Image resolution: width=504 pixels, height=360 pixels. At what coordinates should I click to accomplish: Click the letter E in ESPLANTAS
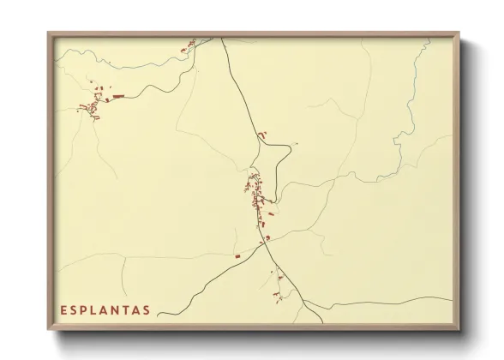tap(64, 309)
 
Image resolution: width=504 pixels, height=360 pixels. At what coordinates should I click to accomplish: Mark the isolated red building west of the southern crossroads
tap(237, 255)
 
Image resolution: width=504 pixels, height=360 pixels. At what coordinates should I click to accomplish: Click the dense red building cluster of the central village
tap(255, 193)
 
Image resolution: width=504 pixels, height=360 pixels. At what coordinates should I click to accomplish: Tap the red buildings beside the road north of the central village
tap(261, 135)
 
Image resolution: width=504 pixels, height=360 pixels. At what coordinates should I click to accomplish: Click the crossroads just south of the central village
tap(266, 243)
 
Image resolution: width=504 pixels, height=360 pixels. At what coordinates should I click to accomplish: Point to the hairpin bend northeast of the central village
tap(290, 158)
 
